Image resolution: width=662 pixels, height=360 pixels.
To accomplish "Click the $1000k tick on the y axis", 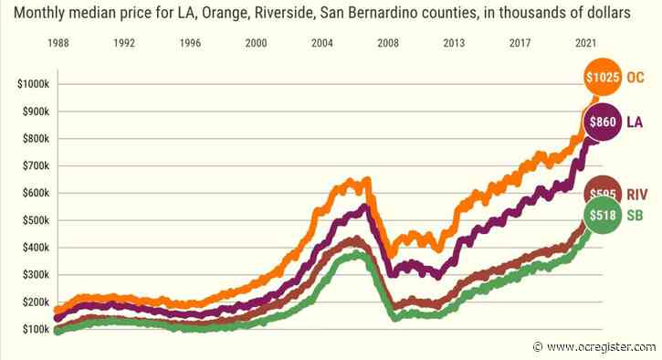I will pyautogui.click(x=33, y=84).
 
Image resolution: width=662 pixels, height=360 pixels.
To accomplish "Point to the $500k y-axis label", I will pyautogui.click(x=35, y=220).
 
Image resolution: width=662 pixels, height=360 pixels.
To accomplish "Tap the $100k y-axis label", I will pyautogui.click(x=35, y=329).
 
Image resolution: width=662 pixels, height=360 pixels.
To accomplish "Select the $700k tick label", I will pyautogui.click(x=35, y=166).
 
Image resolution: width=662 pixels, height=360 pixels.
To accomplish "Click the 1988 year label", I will pyautogui.click(x=58, y=43).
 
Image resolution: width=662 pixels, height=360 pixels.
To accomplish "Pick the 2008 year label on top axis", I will pyautogui.click(x=388, y=43).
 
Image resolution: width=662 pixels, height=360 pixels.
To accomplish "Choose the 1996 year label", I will pyautogui.click(x=190, y=43).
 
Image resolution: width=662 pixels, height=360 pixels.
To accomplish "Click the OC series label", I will pyautogui.click(x=636, y=79).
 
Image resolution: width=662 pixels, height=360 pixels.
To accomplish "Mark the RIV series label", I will pyautogui.click(x=637, y=193).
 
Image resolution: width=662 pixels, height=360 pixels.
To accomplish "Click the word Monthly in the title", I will pyautogui.click(x=37, y=14).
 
